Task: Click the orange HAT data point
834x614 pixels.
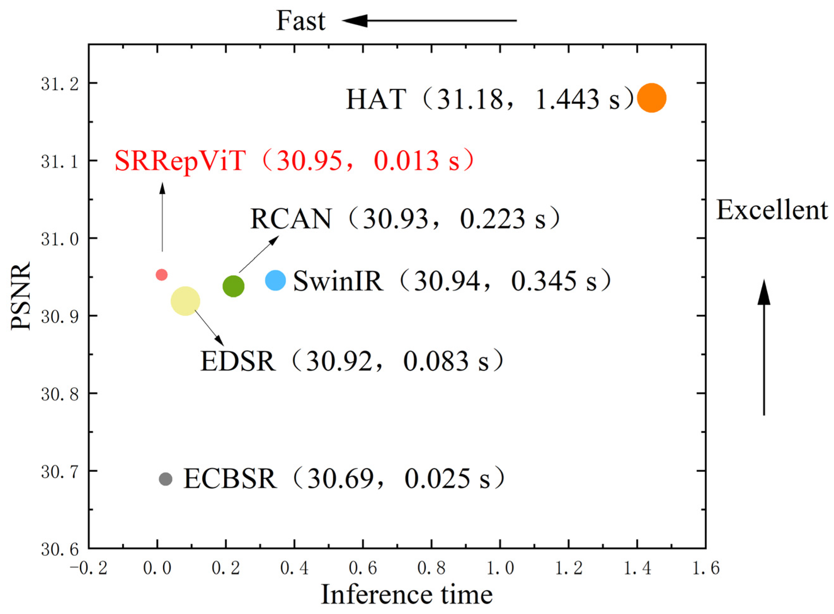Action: (651, 98)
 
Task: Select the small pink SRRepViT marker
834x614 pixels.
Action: (162, 275)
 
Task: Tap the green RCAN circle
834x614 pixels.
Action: (233, 286)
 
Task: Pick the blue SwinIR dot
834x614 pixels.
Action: (275, 280)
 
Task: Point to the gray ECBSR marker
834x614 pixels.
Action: (166, 479)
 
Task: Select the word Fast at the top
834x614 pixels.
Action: (300, 21)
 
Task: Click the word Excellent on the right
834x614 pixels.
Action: (772, 210)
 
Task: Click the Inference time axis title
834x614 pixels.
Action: (406, 594)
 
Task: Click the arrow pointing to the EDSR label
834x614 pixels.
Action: (209, 327)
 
